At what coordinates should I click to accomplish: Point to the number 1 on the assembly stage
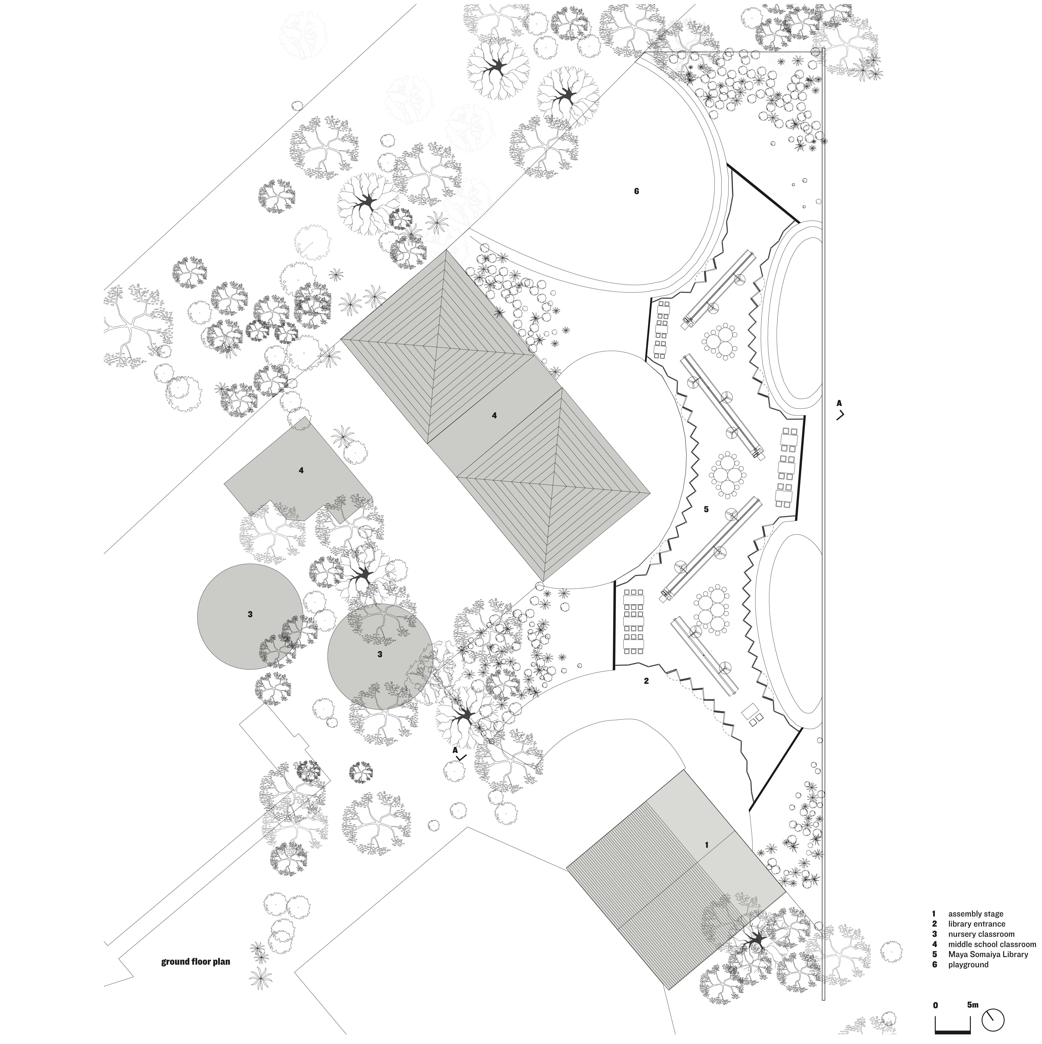coord(706,845)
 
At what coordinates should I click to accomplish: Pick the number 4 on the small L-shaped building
coord(301,471)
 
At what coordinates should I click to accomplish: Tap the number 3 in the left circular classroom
coord(250,614)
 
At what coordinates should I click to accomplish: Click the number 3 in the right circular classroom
coord(380,654)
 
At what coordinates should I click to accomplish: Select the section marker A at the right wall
coord(839,403)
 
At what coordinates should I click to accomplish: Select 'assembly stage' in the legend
coord(976,914)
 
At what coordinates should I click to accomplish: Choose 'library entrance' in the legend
coord(977,924)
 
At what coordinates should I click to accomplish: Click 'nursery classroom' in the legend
coord(981,934)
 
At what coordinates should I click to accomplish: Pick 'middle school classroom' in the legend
coord(992,945)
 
